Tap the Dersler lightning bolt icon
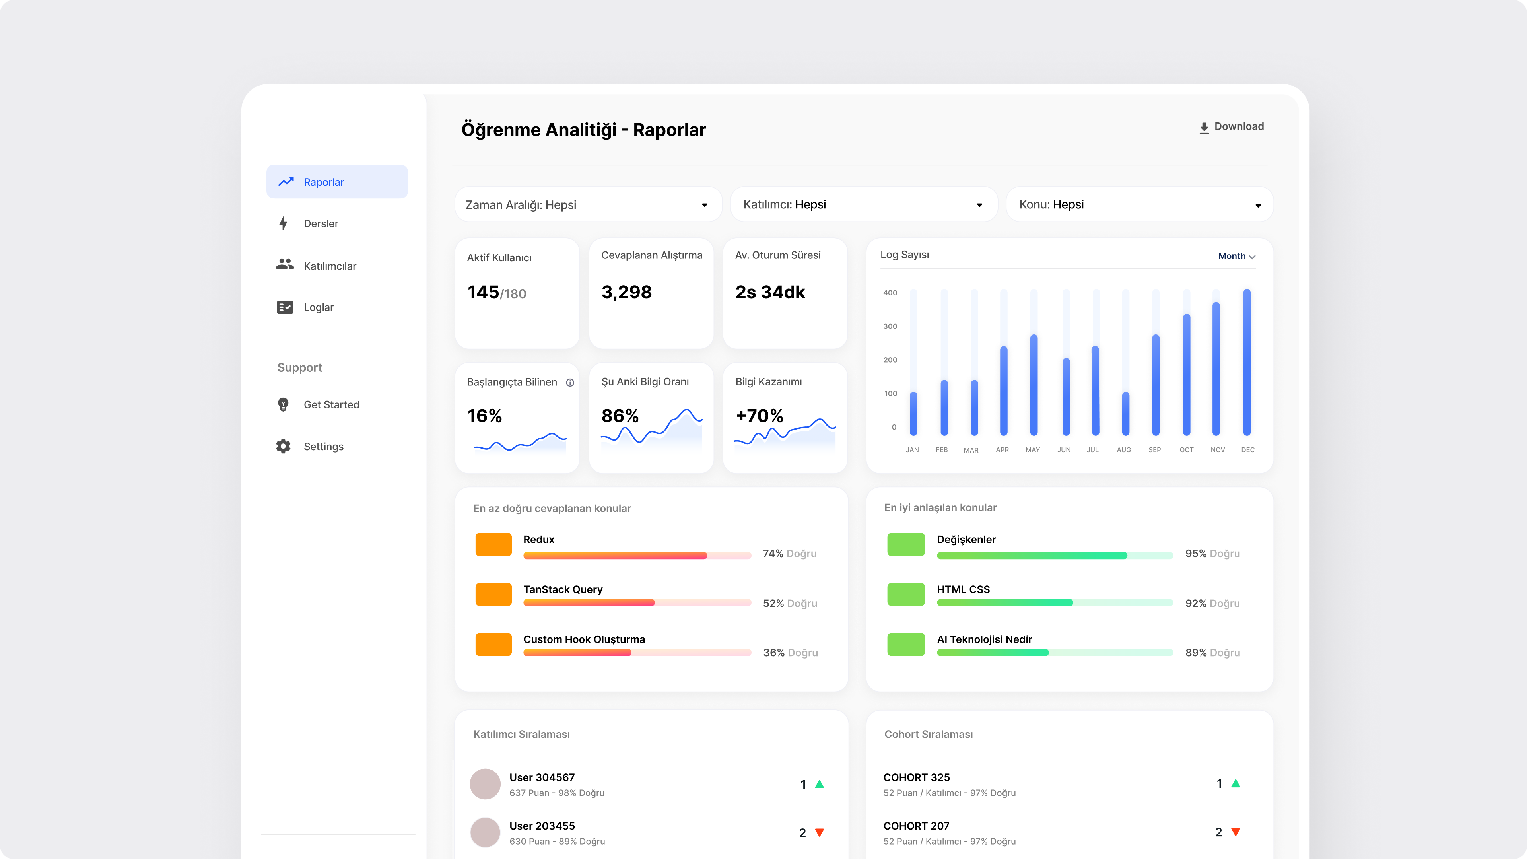[x=284, y=223]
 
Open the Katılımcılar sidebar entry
[x=330, y=266]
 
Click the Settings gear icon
[x=284, y=446]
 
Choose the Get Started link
[x=331, y=405]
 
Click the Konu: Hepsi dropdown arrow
[x=1257, y=206]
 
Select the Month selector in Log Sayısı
[x=1236, y=256]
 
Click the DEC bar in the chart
[x=1247, y=361]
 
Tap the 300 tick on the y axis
[x=890, y=326]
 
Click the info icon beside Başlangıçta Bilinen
[x=570, y=382]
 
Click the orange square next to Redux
[x=493, y=544]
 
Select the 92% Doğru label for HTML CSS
[x=1212, y=604]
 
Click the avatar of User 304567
[x=485, y=784]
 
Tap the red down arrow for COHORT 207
[x=1236, y=832]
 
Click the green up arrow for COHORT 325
[x=1236, y=784]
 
